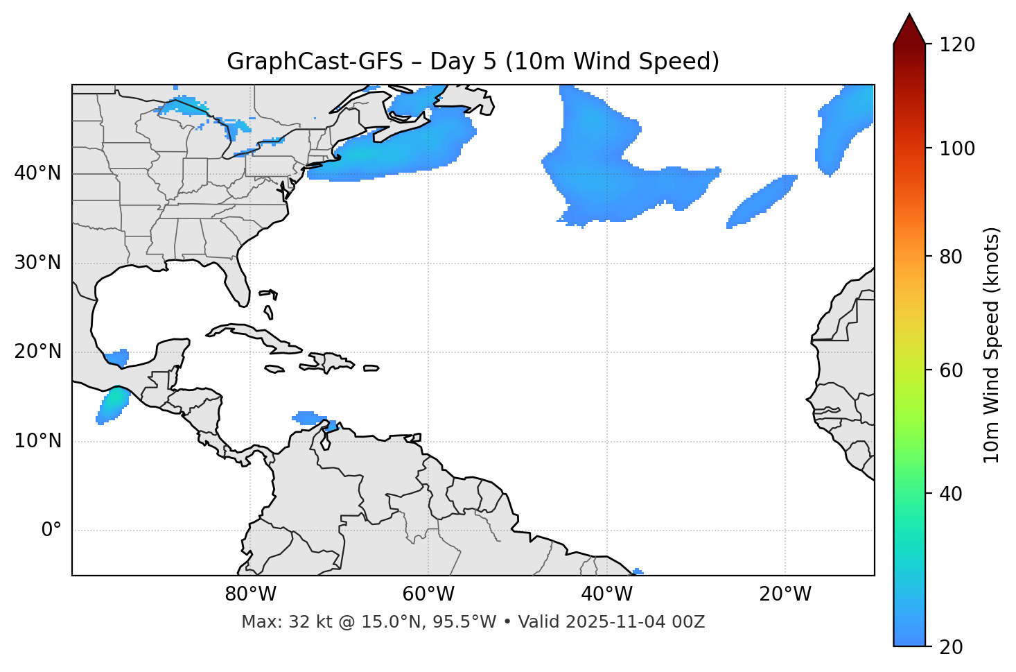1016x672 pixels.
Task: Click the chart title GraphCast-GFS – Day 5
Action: point(473,62)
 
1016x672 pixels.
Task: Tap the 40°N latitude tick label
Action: point(37,173)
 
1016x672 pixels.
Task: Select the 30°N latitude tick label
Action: point(37,263)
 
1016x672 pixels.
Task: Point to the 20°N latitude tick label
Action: point(37,352)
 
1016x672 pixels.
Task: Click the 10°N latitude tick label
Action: point(37,441)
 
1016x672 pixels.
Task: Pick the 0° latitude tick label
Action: point(51,531)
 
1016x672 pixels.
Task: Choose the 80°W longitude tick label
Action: point(250,594)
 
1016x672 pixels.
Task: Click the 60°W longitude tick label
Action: point(428,594)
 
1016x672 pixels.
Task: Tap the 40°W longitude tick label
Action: point(606,594)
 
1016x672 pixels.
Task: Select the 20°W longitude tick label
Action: point(785,594)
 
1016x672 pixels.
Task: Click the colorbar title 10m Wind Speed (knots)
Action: point(992,345)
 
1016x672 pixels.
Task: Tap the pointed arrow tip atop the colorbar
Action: point(909,17)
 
